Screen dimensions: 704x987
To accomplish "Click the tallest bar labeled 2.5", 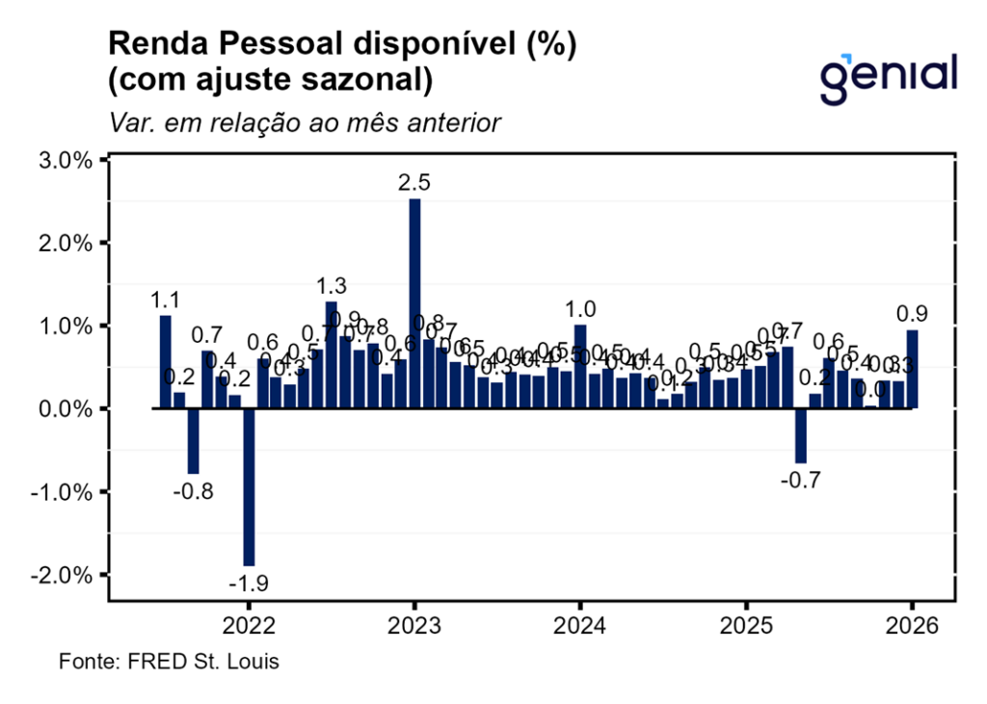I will [414, 303].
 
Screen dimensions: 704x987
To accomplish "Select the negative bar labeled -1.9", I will [249, 486].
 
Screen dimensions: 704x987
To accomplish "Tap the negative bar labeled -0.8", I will [193, 440].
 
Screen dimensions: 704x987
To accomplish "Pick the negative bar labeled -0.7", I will [800, 435].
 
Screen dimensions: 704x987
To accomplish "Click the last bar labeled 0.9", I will [912, 369].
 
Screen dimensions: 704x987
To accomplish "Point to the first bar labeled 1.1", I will [166, 361].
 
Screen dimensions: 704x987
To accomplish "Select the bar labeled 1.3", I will [332, 354].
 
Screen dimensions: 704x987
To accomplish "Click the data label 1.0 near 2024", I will [580, 309].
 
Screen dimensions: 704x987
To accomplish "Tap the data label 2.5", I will [414, 182].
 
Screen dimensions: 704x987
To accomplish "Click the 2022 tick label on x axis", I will [249, 625].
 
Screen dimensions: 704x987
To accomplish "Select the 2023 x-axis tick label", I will [414, 625].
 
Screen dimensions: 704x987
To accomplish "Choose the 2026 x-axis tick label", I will [912, 625].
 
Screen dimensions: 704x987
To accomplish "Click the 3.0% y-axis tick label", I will [65, 160].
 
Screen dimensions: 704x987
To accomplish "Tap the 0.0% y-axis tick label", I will [65, 408].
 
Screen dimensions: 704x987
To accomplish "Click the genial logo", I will [888, 77].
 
